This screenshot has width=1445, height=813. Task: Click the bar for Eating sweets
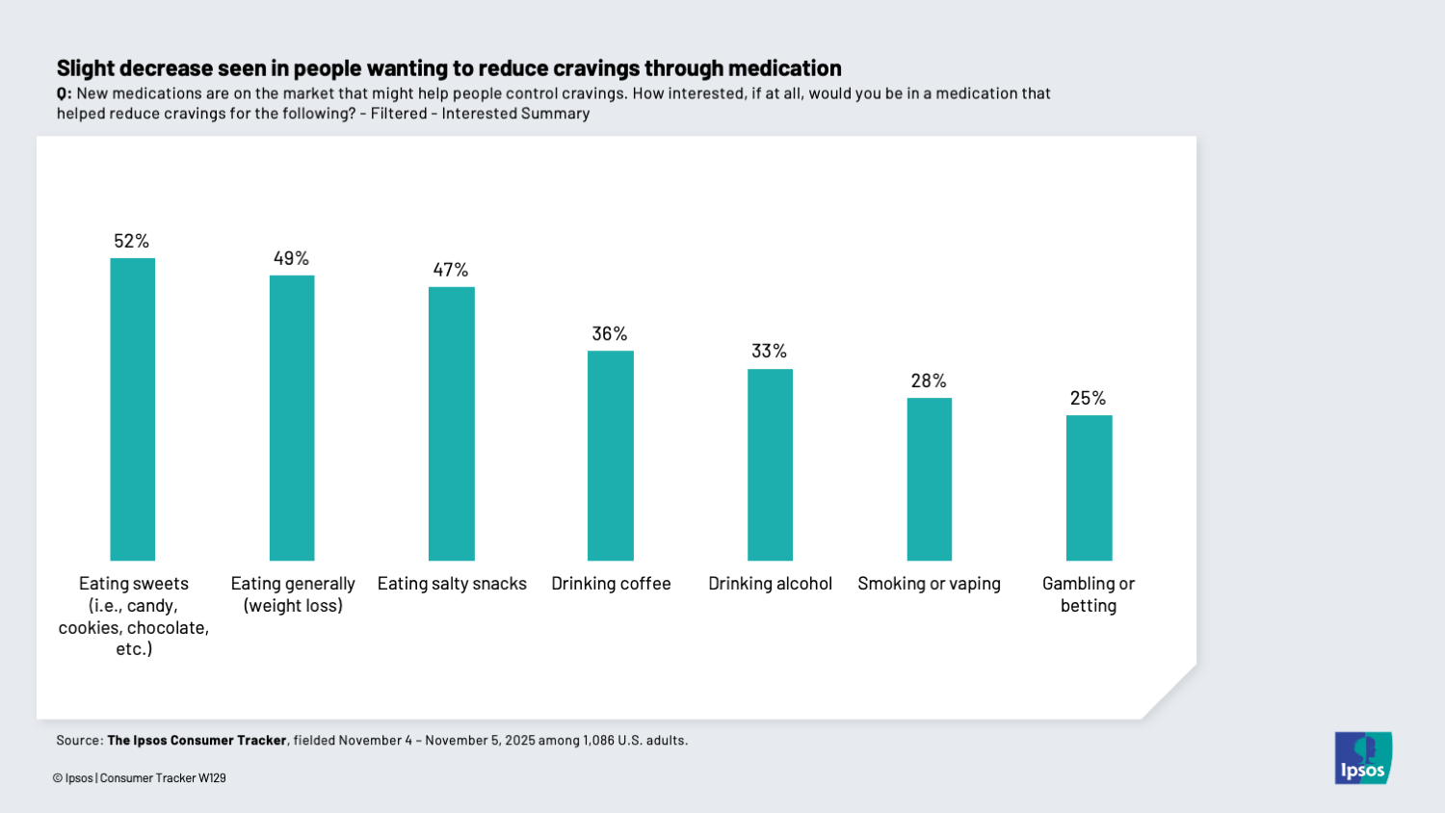pyautogui.click(x=133, y=409)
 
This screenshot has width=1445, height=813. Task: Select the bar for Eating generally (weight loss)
pyautogui.click(x=292, y=418)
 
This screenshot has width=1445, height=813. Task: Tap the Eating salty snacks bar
pyautogui.click(x=451, y=424)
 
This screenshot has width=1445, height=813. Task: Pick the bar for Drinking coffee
pyautogui.click(x=611, y=456)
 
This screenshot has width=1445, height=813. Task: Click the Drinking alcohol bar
pyautogui.click(x=770, y=464)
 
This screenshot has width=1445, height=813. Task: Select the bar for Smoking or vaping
pyautogui.click(x=929, y=479)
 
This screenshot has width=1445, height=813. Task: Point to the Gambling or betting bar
pyautogui.click(x=1089, y=487)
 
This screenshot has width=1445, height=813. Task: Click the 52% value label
pyautogui.click(x=132, y=241)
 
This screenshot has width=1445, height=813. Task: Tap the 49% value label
pyautogui.click(x=291, y=258)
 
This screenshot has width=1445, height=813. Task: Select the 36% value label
pyautogui.click(x=610, y=333)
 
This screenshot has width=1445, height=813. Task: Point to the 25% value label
pyautogui.click(x=1088, y=398)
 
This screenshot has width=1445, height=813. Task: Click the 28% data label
pyautogui.click(x=929, y=380)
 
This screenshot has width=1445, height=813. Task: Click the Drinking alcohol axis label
pyautogui.click(x=770, y=584)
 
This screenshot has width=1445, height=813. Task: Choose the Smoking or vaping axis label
pyautogui.click(x=929, y=584)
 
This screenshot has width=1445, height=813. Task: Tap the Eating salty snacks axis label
pyautogui.click(x=452, y=584)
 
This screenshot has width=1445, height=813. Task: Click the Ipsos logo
pyautogui.click(x=1363, y=758)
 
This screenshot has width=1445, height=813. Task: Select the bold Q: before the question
pyautogui.click(x=64, y=93)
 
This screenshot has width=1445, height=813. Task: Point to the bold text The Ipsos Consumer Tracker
pyautogui.click(x=197, y=741)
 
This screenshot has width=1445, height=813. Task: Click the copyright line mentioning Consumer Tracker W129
pyautogui.click(x=140, y=778)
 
